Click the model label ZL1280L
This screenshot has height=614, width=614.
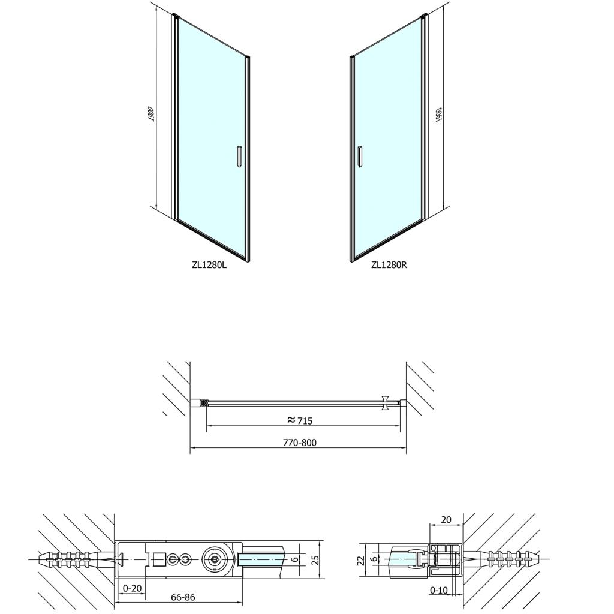(x=209, y=264)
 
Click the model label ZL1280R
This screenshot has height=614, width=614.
(x=389, y=264)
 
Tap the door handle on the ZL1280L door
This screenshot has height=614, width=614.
(x=239, y=157)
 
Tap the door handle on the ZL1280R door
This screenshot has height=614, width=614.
(x=360, y=157)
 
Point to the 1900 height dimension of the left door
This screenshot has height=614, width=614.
(x=152, y=113)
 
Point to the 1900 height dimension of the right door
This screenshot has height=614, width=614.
(x=438, y=115)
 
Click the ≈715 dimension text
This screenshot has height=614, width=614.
(x=300, y=420)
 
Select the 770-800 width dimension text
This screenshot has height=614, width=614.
(x=300, y=443)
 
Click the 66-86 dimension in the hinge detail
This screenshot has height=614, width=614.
(x=183, y=597)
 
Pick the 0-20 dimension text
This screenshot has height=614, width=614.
(x=132, y=589)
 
